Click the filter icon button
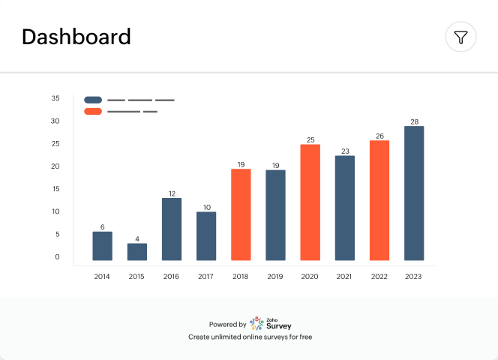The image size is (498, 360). (x=461, y=37)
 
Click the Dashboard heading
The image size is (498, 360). (x=76, y=37)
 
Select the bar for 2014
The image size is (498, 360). (x=103, y=246)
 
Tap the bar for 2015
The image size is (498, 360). (x=137, y=252)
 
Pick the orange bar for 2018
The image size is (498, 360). (x=241, y=214)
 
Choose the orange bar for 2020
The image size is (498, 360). (x=310, y=202)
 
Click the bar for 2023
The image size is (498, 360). (x=414, y=193)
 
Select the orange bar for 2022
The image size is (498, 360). (x=379, y=200)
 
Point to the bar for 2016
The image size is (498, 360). (x=172, y=229)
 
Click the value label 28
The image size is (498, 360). (x=414, y=121)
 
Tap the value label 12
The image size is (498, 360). (x=172, y=193)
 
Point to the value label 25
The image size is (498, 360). (x=310, y=139)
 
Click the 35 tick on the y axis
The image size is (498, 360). (x=55, y=98)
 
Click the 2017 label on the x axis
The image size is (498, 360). (x=206, y=277)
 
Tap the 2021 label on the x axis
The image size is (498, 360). (x=344, y=277)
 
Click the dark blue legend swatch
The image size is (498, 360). (x=93, y=99)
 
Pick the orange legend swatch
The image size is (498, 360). (x=93, y=111)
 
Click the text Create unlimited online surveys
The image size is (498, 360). (x=250, y=337)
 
